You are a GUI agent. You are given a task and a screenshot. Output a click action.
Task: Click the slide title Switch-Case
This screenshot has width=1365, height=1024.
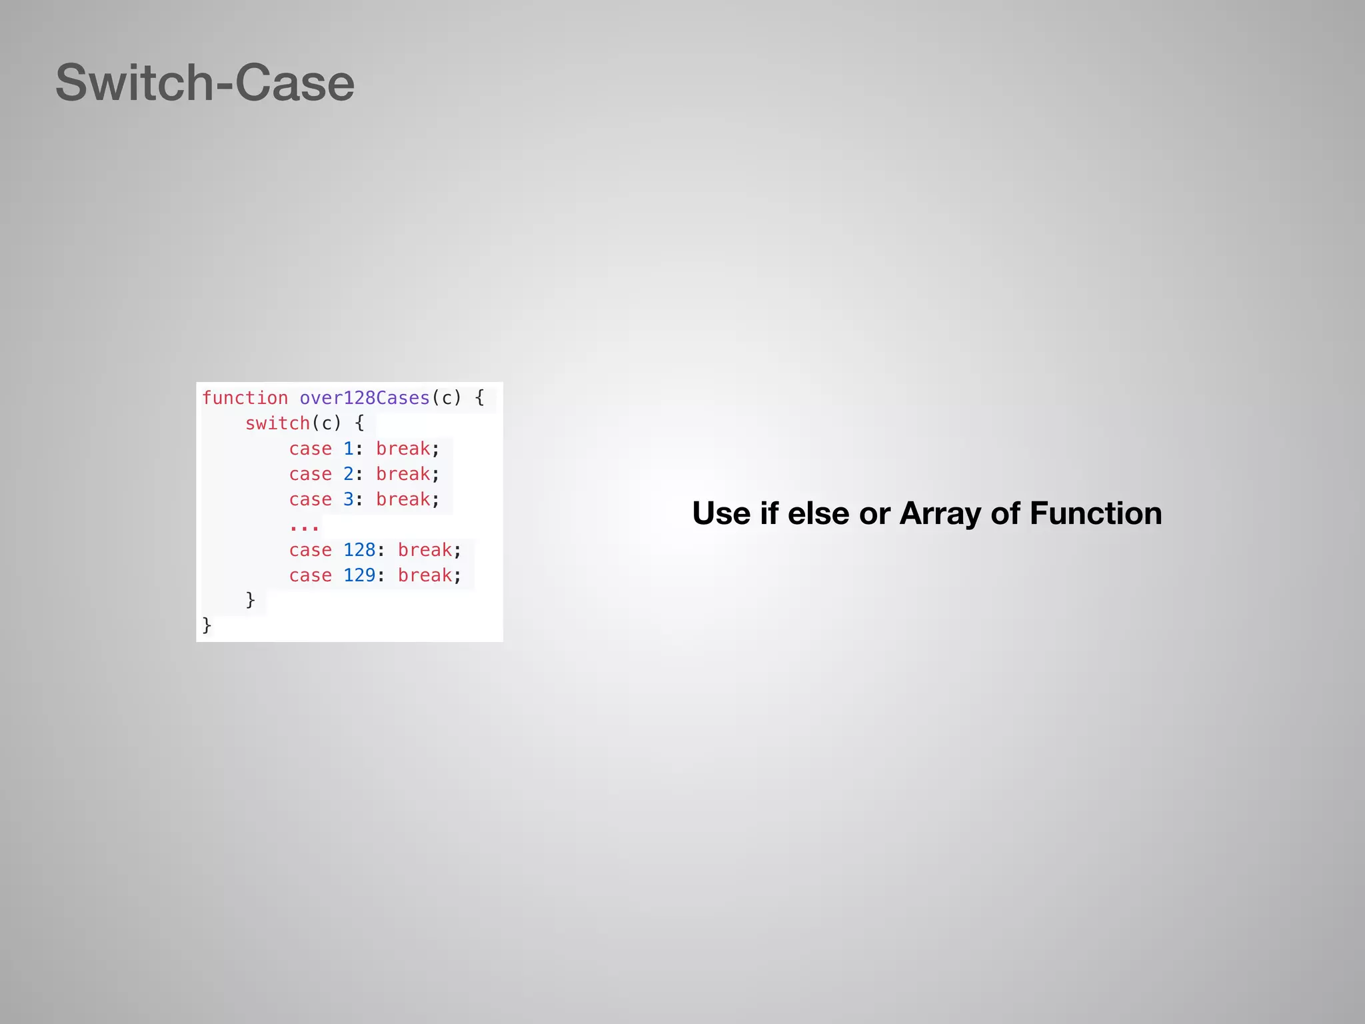point(205,83)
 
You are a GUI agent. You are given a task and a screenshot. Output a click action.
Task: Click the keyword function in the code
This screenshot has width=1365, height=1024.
point(245,398)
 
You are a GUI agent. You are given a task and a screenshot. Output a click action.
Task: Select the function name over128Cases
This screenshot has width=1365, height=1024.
point(365,398)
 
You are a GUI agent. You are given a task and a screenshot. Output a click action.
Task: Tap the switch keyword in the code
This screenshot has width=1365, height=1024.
point(277,423)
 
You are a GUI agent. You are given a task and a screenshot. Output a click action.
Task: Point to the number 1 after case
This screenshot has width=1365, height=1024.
point(348,449)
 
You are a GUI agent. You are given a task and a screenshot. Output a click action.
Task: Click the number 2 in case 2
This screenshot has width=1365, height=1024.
point(348,474)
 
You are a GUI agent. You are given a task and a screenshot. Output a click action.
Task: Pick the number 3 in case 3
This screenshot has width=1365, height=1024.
point(348,499)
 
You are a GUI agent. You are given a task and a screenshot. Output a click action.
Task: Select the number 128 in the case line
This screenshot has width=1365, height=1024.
point(359,550)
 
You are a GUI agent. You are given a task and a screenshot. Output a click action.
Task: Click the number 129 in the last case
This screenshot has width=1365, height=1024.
point(359,575)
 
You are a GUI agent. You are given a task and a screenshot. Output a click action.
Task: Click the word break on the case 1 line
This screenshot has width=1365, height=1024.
point(403,449)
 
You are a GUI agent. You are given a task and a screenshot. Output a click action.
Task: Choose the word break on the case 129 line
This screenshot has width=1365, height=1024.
point(425,575)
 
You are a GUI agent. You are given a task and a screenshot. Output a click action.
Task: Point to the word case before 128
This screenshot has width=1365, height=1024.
point(310,550)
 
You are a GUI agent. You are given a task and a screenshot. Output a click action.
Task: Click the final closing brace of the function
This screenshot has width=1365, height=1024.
point(207,625)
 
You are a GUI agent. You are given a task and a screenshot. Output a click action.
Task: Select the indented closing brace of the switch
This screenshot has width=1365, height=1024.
point(251,600)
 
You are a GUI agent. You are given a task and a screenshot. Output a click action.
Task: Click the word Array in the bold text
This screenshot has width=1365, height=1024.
point(940,514)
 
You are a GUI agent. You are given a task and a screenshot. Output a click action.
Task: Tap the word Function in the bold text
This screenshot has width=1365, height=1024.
point(1096,513)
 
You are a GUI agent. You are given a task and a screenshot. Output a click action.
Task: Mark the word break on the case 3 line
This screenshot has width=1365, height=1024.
point(403,499)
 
